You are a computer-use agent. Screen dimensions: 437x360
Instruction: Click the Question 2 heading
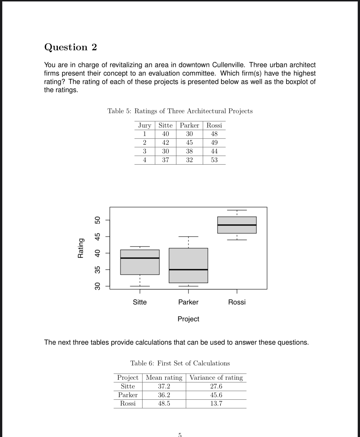click(70, 47)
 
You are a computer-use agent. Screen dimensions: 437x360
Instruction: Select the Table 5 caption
click(180, 111)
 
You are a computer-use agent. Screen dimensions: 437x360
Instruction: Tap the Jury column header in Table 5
click(145, 125)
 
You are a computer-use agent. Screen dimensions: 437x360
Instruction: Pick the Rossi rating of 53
click(214, 160)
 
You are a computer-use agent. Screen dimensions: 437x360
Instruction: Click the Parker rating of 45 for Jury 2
click(189, 143)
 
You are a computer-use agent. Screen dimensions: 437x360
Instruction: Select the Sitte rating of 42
click(165, 143)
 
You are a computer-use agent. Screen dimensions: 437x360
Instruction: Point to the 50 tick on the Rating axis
click(97, 220)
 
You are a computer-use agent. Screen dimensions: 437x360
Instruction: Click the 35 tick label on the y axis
click(97, 270)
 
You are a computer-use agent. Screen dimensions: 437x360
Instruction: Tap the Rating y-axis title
click(81, 248)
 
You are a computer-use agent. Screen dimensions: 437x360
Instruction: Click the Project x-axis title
click(188, 319)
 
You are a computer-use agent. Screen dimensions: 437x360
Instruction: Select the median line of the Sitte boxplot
click(140, 258)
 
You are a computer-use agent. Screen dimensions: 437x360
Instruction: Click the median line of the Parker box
click(188, 270)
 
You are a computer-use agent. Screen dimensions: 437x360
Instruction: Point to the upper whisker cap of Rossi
click(237, 210)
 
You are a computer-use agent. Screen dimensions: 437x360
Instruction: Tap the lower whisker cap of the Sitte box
click(140, 286)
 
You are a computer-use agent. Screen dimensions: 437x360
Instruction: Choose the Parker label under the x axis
click(188, 302)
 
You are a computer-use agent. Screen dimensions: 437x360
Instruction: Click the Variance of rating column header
click(216, 378)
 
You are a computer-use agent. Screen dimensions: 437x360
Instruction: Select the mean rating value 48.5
click(164, 404)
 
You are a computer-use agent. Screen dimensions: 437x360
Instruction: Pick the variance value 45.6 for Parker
click(216, 395)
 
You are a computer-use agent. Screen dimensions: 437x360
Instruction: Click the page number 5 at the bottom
click(180, 434)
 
